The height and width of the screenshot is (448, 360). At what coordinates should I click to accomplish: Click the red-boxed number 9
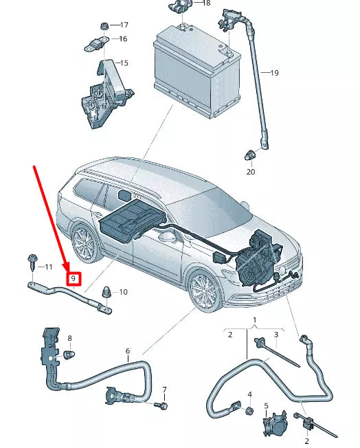pos(73,279)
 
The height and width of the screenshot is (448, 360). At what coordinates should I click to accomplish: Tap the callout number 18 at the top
pos(207,3)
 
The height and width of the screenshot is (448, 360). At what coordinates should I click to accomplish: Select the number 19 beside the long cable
pos(274,72)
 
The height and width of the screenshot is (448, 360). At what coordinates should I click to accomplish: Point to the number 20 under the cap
pos(250,172)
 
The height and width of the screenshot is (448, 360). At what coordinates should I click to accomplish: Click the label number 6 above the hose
pos(127,351)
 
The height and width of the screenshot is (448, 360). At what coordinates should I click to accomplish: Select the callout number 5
pos(267,406)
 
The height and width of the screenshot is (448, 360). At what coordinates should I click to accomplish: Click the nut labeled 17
pos(103,25)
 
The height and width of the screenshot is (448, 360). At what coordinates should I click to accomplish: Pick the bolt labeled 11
pos(30,262)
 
